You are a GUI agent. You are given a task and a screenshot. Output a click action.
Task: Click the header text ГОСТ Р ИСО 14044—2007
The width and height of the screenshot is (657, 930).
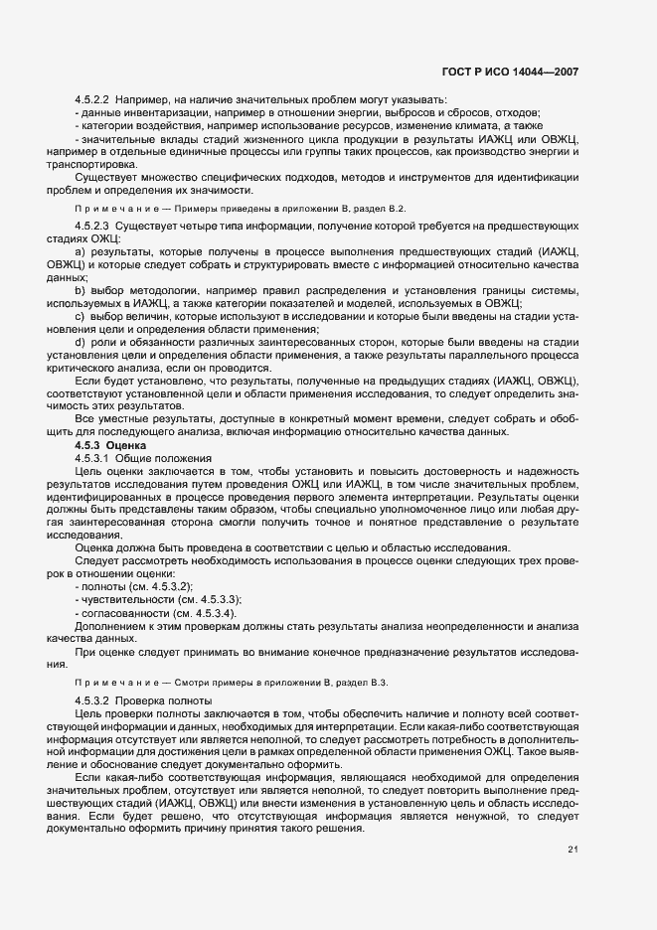pos(509,73)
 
